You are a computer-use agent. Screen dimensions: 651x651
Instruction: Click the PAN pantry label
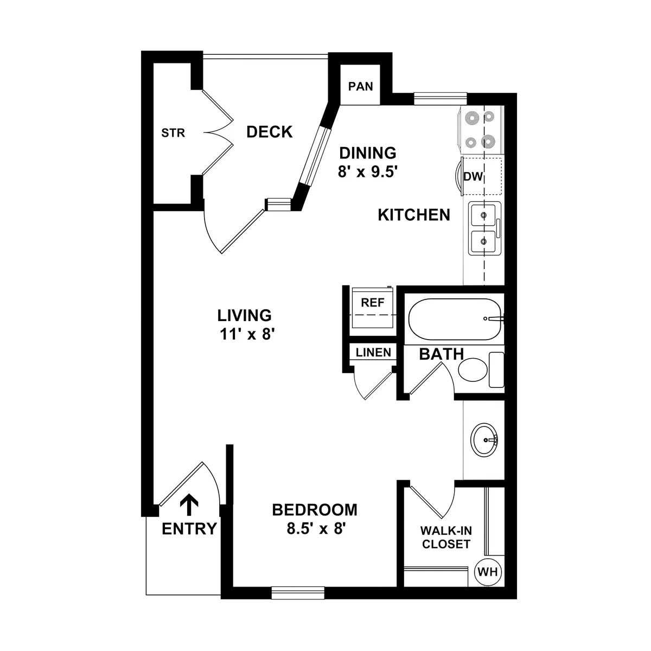[x=360, y=86]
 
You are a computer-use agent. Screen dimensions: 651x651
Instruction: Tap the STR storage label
[x=173, y=132]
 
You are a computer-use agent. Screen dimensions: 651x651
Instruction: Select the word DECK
[x=269, y=132]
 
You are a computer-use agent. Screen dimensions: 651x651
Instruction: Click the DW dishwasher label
[x=473, y=176]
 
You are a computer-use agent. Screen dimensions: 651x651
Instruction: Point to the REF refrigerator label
[x=372, y=303]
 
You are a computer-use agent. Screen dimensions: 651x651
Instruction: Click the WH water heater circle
[x=488, y=572]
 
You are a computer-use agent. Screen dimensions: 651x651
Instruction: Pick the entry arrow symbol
[x=189, y=505]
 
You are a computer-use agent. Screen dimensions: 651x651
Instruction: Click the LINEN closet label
[x=373, y=353]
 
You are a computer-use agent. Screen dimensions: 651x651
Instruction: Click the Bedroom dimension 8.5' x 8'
[x=316, y=529]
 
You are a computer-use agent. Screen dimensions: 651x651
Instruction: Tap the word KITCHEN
[x=414, y=215]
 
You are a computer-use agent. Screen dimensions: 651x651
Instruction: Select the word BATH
[x=441, y=355]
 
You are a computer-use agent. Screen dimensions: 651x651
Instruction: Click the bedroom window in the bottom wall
[x=297, y=593]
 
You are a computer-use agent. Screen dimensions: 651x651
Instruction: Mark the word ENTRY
[x=189, y=528]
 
